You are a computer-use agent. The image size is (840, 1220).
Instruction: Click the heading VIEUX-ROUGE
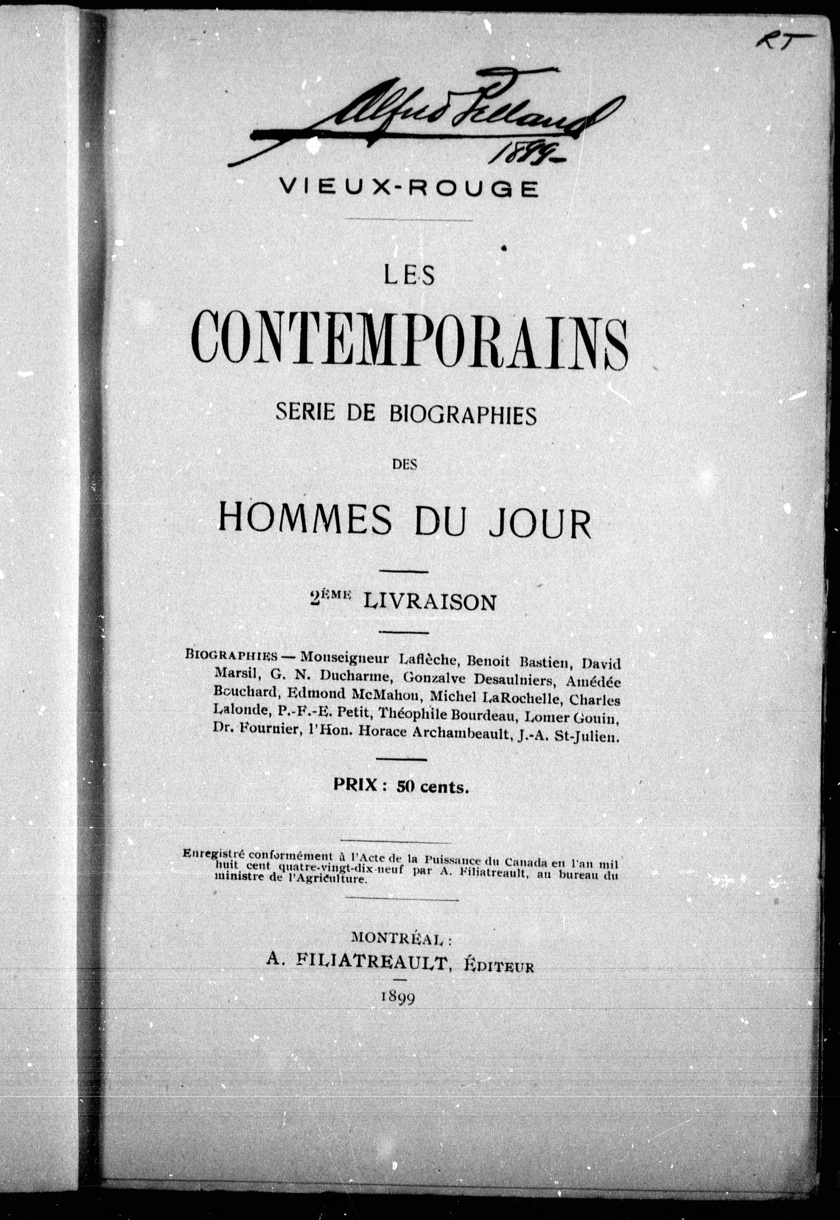[409, 188]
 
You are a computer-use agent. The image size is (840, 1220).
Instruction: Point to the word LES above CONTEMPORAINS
[409, 275]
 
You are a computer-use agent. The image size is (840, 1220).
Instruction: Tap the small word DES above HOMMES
[405, 464]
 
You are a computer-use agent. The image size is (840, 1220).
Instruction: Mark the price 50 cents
[432, 787]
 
